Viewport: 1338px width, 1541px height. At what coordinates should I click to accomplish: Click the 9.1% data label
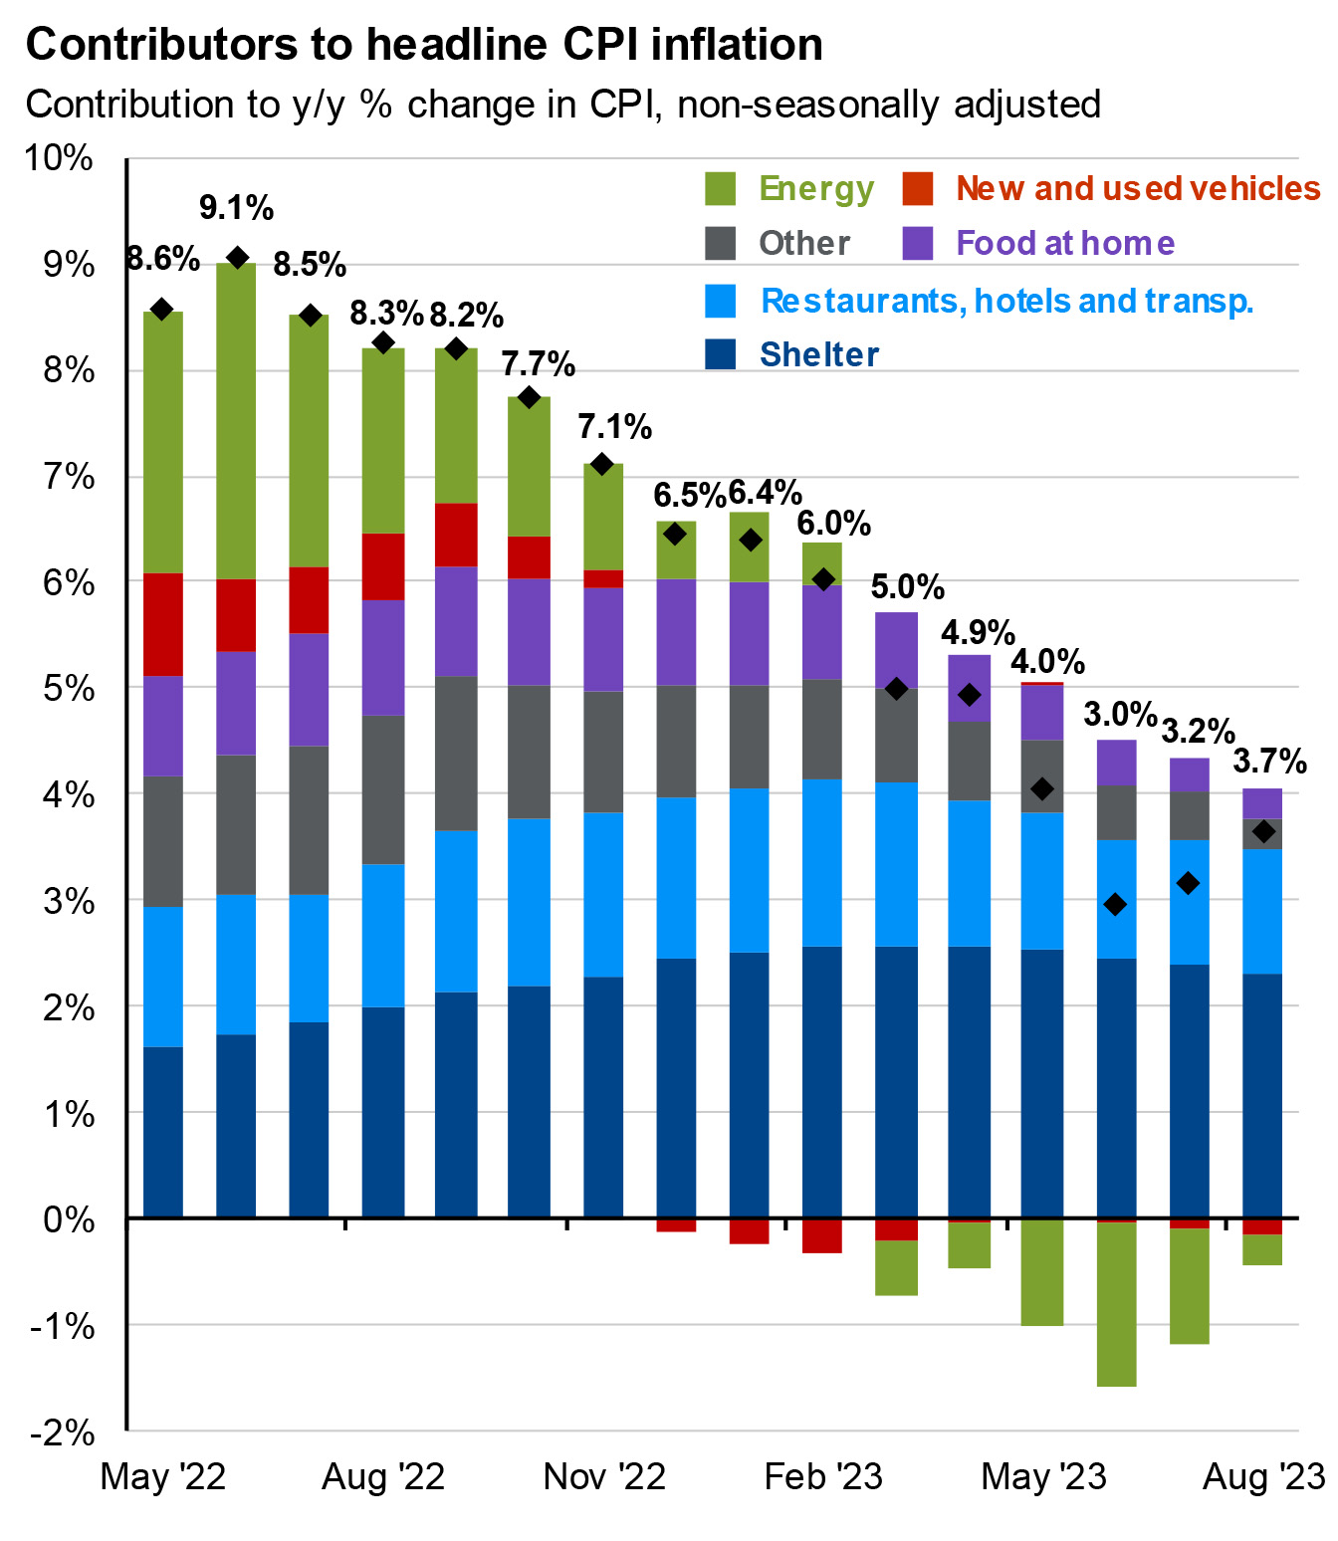click(236, 208)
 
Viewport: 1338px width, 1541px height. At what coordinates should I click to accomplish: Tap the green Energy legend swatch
click(720, 188)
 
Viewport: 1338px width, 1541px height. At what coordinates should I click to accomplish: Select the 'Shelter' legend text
click(818, 354)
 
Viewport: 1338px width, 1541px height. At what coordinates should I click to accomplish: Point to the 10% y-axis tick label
click(61, 157)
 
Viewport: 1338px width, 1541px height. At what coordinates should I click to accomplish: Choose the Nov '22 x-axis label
click(604, 1476)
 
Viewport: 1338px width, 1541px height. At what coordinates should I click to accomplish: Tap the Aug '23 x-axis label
click(1263, 1476)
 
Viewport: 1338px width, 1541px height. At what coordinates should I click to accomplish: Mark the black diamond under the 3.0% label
click(1115, 904)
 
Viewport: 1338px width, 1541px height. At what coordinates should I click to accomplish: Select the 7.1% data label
click(614, 427)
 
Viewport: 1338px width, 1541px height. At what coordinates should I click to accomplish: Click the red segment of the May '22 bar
click(162, 624)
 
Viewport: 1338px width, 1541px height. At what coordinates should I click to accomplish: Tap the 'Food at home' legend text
click(1064, 243)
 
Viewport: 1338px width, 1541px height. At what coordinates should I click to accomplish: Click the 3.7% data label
click(1269, 763)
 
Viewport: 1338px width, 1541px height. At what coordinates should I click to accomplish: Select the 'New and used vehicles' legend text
click(1138, 188)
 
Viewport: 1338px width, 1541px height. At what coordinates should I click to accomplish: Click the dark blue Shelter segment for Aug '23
click(1262, 1095)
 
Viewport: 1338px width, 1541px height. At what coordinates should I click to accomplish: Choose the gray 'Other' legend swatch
click(720, 243)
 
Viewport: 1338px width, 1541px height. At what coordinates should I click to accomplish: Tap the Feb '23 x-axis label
click(823, 1476)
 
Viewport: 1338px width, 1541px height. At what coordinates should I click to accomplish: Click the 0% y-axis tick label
click(69, 1219)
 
